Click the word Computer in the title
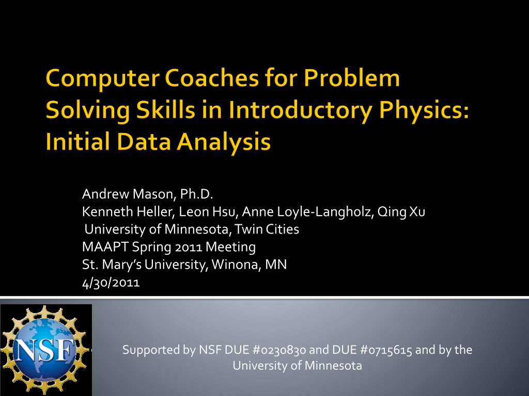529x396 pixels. [103, 79]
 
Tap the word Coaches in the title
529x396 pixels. [212, 78]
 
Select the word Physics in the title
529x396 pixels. [424, 111]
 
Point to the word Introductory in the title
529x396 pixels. [301, 111]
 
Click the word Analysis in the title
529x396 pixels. [224, 142]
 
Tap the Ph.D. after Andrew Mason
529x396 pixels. [196, 194]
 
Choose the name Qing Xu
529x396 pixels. [401, 212]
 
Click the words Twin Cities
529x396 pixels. [267, 229]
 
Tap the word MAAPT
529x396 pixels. [105, 247]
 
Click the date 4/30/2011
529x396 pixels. [111, 283]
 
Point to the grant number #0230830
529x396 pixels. [279, 350]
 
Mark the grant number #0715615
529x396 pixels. [386, 350]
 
